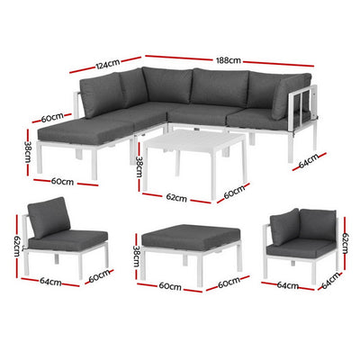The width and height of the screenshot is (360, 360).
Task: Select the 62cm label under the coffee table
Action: pyautogui.click(x=175, y=198)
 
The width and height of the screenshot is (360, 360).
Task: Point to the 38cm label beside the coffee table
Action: pyautogui.click(x=138, y=166)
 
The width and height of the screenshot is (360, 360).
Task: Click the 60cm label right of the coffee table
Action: pyautogui.click(x=235, y=192)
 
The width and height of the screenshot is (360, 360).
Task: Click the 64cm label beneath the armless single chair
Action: pyautogui.click(x=50, y=282)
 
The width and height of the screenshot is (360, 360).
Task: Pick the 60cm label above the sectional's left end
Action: pyautogui.click(x=50, y=116)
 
